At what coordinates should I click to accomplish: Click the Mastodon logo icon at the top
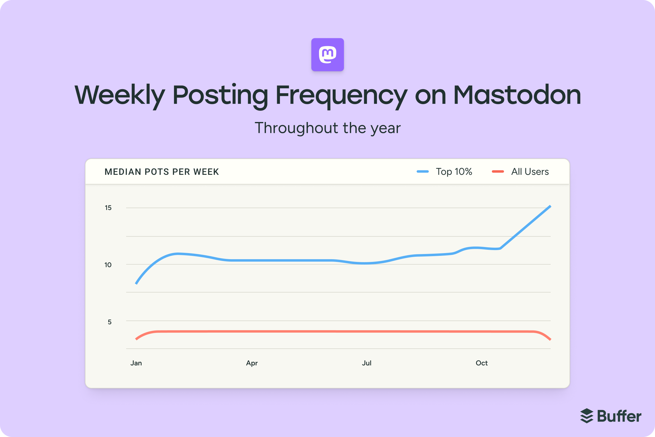[327, 55]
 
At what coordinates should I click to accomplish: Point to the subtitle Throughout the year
[327, 128]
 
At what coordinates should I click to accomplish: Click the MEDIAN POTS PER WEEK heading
[162, 172]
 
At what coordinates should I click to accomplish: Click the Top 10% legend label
[454, 172]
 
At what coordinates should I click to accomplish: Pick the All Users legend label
[530, 172]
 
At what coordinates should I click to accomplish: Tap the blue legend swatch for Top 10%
[422, 172]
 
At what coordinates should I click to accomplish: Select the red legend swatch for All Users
[498, 172]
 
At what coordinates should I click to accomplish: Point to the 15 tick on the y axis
[108, 208]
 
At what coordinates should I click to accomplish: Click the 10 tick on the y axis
[108, 265]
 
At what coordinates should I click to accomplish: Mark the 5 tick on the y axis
[109, 322]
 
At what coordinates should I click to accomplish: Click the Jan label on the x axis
[136, 363]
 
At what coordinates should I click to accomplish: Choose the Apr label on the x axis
[252, 363]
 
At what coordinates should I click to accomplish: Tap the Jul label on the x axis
[367, 363]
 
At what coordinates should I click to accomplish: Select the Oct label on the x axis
[482, 363]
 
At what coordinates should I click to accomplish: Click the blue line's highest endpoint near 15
[550, 206]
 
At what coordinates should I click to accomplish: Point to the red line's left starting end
[136, 339]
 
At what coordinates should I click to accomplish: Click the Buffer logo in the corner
[611, 416]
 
